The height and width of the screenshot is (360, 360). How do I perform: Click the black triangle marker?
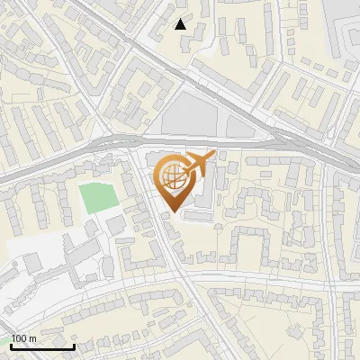click(x=181, y=24)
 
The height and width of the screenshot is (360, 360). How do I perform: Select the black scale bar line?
click(x=41, y=346)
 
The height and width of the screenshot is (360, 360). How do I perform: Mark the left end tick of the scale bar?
click(x=10, y=346)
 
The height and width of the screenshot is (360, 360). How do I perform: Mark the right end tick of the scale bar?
click(x=73, y=346)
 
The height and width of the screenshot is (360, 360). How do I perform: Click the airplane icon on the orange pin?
click(x=196, y=165)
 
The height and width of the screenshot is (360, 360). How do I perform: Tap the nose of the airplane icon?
click(x=211, y=157)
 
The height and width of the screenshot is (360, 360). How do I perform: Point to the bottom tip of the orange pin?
click(x=174, y=212)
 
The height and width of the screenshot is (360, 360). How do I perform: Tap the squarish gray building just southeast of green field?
click(x=116, y=222)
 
